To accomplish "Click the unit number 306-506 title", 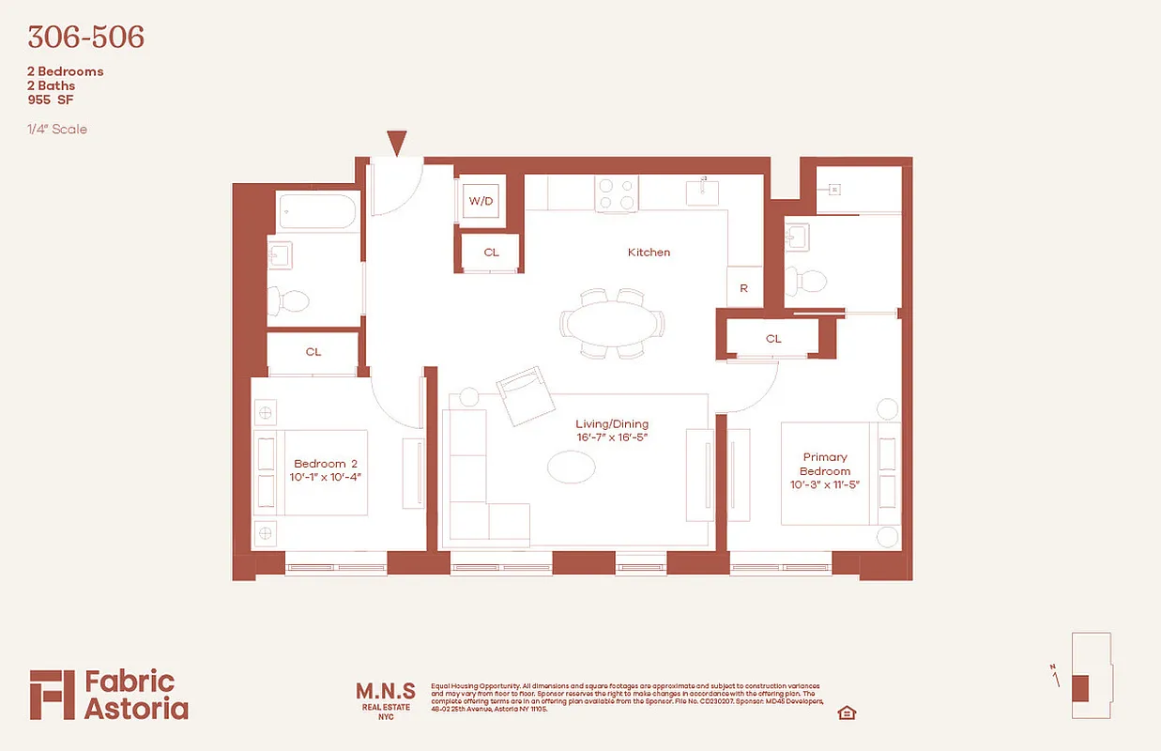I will (x=85, y=38).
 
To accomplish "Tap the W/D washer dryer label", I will (x=481, y=201).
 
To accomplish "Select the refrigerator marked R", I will (x=744, y=288).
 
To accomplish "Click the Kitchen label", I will (x=649, y=253).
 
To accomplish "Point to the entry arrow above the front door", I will (x=397, y=144).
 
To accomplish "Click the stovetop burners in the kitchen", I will (x=617, y=193).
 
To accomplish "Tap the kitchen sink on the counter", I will (x=703, y=191).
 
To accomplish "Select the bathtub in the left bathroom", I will (x=317, y=210).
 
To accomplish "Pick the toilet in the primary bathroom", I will (x=806, y=280).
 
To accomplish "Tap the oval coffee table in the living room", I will (x=571, y=467).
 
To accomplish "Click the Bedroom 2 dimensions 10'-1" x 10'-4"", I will (x=328, y=478).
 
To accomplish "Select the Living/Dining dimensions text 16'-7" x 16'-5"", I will (x=612, y=437).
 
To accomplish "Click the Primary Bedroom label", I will (x=825, y=464).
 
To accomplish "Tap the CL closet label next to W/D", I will (x=492, y=253).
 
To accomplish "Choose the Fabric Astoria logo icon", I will (x=51, y=695).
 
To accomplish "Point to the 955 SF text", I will (x=52, y=100).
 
